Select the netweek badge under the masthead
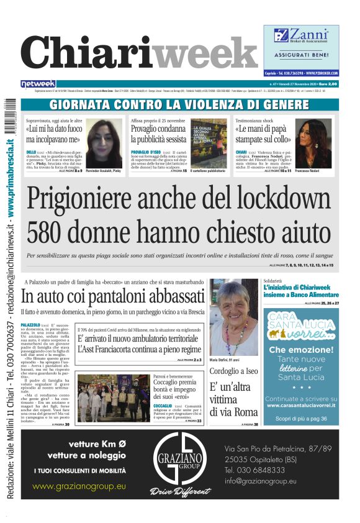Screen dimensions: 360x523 pos(38,84)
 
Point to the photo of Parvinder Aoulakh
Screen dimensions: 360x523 pos(104,142)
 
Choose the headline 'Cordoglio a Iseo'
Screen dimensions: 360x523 pos(233,370)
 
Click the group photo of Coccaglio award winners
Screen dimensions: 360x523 pos(113,397)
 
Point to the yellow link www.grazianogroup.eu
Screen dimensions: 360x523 pos(79,486)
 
